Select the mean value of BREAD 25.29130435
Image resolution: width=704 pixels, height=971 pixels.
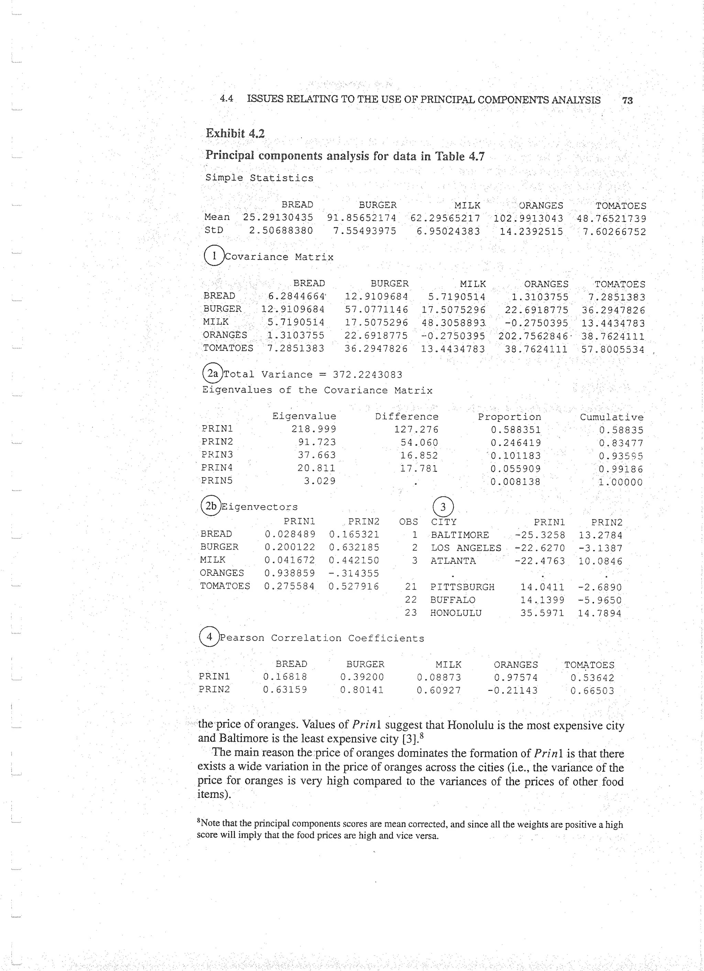[278, 217]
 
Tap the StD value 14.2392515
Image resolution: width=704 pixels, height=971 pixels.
[531, 231]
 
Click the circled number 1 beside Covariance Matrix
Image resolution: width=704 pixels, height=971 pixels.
[213, 256]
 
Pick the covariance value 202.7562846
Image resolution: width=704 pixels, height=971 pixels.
[532, 336]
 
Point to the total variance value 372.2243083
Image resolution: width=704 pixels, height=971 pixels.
[367, 375]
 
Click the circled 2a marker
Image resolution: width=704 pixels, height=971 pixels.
[213, 373]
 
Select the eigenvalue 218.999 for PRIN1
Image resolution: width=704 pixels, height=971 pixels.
[314, 429]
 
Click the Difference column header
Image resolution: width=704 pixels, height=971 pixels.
[407, 417]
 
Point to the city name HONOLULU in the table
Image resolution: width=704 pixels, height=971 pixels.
[456, 613]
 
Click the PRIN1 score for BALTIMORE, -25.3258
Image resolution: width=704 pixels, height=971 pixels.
[540, 535]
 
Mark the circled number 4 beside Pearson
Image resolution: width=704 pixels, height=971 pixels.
[209, 637]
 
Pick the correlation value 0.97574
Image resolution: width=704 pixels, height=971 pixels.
[516, 678]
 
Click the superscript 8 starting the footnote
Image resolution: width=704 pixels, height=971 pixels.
[199, 821]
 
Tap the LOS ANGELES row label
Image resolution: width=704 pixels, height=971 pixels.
[466, 548]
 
